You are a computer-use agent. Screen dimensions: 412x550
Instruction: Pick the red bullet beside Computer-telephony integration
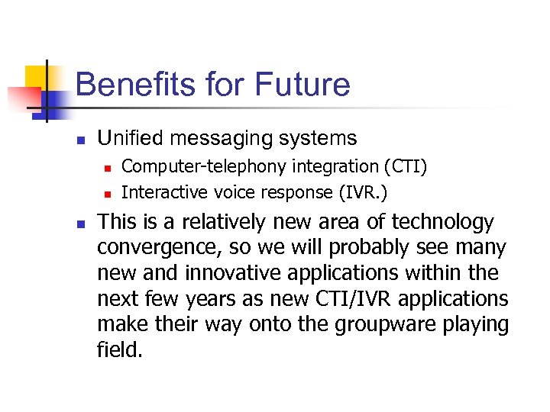(108, 167)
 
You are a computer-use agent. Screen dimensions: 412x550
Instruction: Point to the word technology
(443, 222)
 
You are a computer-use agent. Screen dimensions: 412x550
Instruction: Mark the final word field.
(119, 349)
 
